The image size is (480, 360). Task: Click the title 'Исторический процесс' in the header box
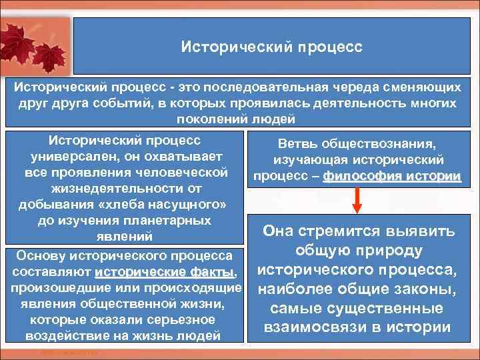tap(272, 48)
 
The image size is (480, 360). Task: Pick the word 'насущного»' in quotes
tap(192, 203)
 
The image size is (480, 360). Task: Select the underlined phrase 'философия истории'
tap(391, 177)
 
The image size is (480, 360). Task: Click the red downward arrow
tap(358, 201)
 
